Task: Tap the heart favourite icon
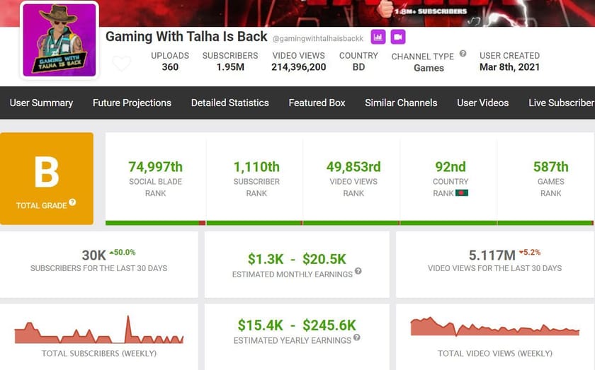coord(122,64)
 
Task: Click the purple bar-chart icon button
coord(378,37)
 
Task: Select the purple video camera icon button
coord(398,37)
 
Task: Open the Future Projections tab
coord(132,103)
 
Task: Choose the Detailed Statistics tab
coord(229,103)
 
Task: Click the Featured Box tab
coord(317,103)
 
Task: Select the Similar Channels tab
coord(401,103)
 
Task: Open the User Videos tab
coord(482,103)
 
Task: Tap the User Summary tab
coord(41,103)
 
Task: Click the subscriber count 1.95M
coord(229,67)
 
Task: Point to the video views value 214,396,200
coord(298,67)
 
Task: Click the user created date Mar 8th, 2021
coord(509,67)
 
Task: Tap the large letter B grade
coord(47,171)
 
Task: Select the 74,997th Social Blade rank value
coord(155,167)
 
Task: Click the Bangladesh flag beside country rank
coord(462,193)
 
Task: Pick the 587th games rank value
coord(550,167)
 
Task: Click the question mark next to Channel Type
coord(463,54)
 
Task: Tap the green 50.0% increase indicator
coord(122,252)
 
